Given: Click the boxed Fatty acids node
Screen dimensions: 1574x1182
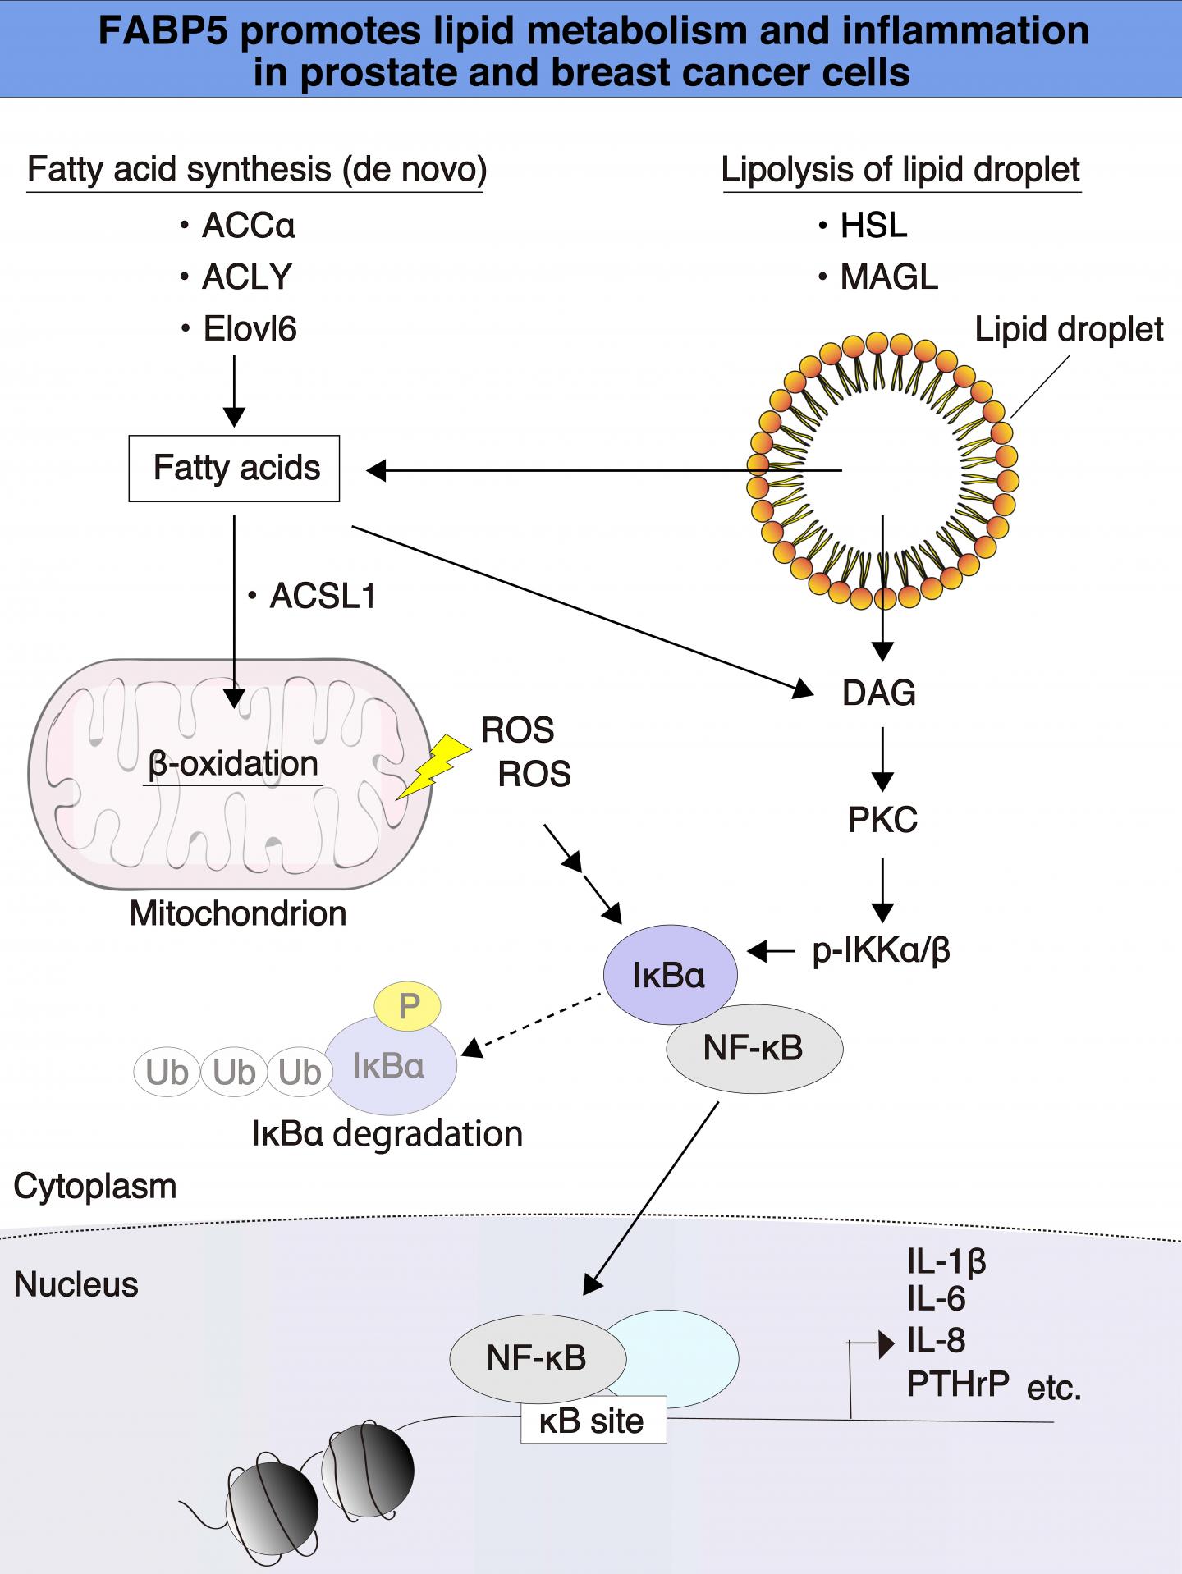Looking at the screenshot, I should [234, 469].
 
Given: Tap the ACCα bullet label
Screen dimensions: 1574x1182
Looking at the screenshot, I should [248, 226].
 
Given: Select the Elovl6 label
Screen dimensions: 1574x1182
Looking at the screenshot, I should [250, 329].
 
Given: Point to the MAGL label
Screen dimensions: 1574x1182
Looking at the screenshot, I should [889, 277].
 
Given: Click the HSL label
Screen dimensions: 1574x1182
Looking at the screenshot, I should [873, 226].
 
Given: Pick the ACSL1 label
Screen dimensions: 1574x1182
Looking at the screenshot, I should [322, 597].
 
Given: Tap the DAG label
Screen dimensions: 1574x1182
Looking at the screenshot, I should [879, 693].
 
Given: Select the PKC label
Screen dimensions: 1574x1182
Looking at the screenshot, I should [882, 820].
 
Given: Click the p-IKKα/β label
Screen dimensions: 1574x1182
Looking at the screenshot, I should [881, 950].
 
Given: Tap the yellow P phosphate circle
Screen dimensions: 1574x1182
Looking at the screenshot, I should [408, 1005].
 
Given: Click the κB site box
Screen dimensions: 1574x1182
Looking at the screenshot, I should [593, 1421].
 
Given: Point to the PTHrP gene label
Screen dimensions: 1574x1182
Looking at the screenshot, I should [958, 1384].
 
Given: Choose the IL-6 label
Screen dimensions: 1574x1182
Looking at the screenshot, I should [936, 1299].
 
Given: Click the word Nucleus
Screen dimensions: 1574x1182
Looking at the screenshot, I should [76, 1284].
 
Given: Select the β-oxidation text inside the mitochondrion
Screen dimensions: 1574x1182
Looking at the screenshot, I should [233, 764].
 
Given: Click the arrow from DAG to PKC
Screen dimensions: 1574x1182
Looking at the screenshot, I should [882, 758].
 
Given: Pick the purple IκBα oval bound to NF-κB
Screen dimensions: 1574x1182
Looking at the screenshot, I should [669, 974].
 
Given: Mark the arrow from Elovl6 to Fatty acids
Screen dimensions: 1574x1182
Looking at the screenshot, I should [235, 391].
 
